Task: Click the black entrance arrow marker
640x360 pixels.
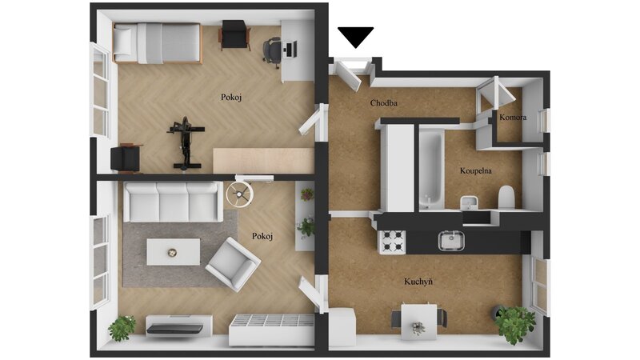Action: (x=355, y=36)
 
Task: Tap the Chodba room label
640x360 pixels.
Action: (x=384, y=103)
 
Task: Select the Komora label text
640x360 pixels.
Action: (x=513, y=117)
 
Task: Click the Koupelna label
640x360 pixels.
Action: (x=475, y=170)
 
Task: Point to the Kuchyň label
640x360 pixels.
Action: (x=418, y=282)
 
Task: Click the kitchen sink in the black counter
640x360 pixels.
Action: (x=451, y=241)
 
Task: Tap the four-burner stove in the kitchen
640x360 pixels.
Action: (x=392, y=242)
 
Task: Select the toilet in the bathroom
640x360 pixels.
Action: (x=506, y=197)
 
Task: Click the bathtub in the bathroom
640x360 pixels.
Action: (x=430, y=168)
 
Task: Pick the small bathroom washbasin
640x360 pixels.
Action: (x=470, y=202)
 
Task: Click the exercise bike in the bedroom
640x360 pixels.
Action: (x=186, y=143)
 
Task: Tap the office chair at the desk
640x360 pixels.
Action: (x=272, y=52)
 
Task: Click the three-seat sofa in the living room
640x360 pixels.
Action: (x=173, y=202)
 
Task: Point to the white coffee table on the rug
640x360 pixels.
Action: (x=174, y=252)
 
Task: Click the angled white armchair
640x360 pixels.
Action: (x=233, y=264)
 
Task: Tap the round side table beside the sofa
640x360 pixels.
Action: (x=239, y=194)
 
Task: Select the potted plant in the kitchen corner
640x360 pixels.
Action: (x=514, y=324)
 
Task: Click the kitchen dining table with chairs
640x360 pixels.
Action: (x=418, y=321)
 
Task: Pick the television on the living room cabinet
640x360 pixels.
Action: (x=175, y=329)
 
